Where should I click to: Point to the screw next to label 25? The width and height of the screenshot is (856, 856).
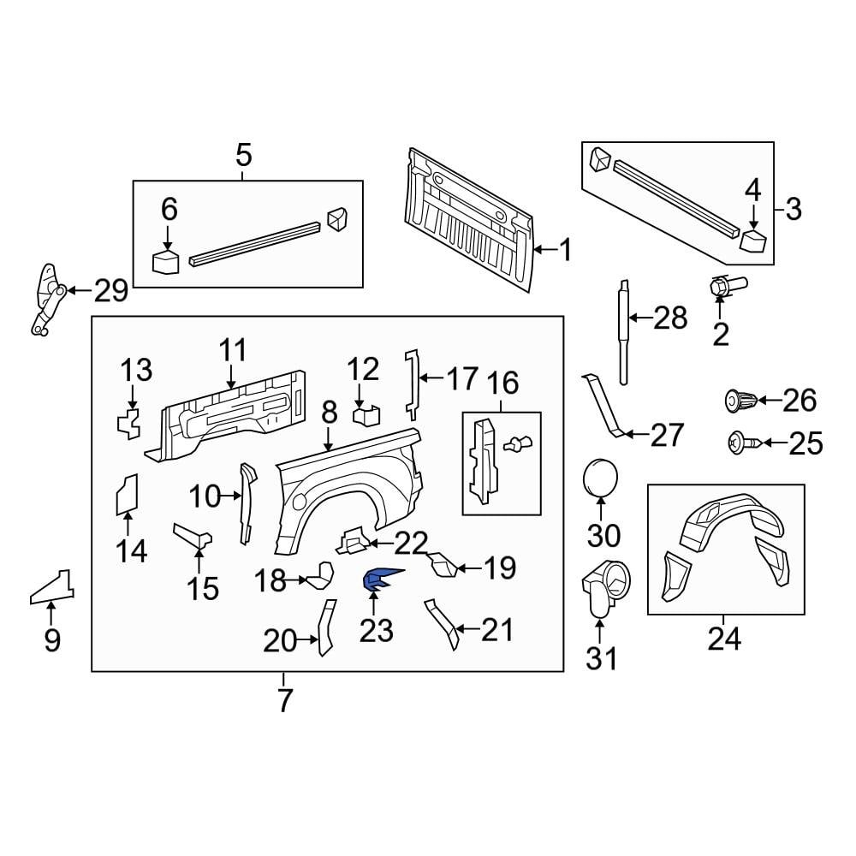pyautogui.click(x=740, y=443)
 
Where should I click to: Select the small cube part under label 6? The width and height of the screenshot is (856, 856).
pyautogui.click(x=165, y=260)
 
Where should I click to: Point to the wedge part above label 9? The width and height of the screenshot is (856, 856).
pyautogui.click(x=53, y=587)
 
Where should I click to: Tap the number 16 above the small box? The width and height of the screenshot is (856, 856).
pyautogui.click(x=503, y=383)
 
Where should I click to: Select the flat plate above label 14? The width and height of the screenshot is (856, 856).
pyautogui.click(x=127, y=496)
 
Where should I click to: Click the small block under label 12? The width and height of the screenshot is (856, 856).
pyautogui.click(x=366, y=415)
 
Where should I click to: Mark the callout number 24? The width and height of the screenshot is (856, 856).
pyautogui.click(x=723, y=638)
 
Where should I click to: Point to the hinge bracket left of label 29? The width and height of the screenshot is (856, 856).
pyautogui.click(x=47, y=300)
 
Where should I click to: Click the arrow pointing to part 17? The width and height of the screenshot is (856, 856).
pyautogui.click(x=431, y=377)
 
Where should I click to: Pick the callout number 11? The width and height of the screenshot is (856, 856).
pyautogui.click(x=232, y=349)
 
